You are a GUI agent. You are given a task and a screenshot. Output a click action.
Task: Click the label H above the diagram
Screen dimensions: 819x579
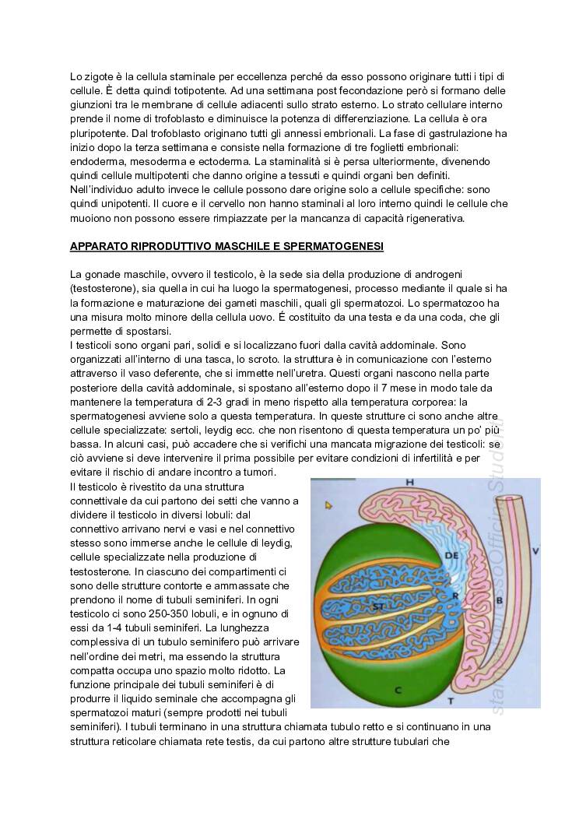(409, 483)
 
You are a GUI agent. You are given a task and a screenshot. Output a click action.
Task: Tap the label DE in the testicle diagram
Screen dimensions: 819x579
(451, 555)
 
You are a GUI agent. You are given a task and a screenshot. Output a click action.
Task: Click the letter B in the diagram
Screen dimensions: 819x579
(499, 600)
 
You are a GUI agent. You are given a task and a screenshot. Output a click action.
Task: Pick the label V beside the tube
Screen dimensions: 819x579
(535, 551)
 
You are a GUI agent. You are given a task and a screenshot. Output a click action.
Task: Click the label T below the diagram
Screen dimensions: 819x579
(451, 701)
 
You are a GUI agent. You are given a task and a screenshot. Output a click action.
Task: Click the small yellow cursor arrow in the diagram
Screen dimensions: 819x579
(329, 505)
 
